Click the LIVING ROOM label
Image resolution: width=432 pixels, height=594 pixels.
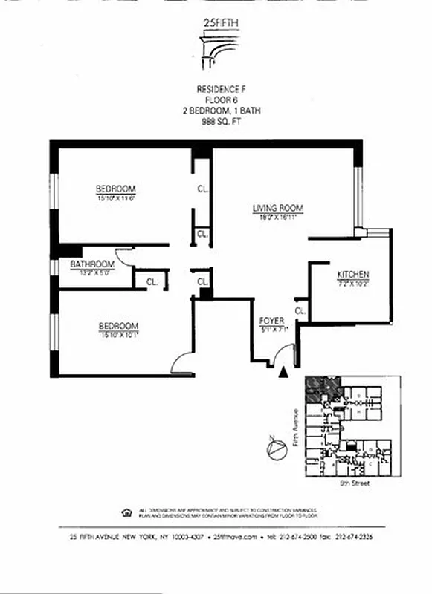[x=279, y=208]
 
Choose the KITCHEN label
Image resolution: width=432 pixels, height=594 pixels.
[x=353, y=274]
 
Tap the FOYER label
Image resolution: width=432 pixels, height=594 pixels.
[x=272, y=321]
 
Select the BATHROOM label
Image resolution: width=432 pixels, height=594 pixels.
[x=92, y=264]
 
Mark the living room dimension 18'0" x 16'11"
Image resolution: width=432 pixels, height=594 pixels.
[x=279, y=218]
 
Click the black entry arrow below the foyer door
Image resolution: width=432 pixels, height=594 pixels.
[x=282, y=373]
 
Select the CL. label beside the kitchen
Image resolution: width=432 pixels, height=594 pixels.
[x=300, y=310]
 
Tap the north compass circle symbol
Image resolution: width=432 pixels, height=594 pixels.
[x=276, y=448]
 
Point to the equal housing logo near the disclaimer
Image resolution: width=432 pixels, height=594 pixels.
[x=125, y=512]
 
